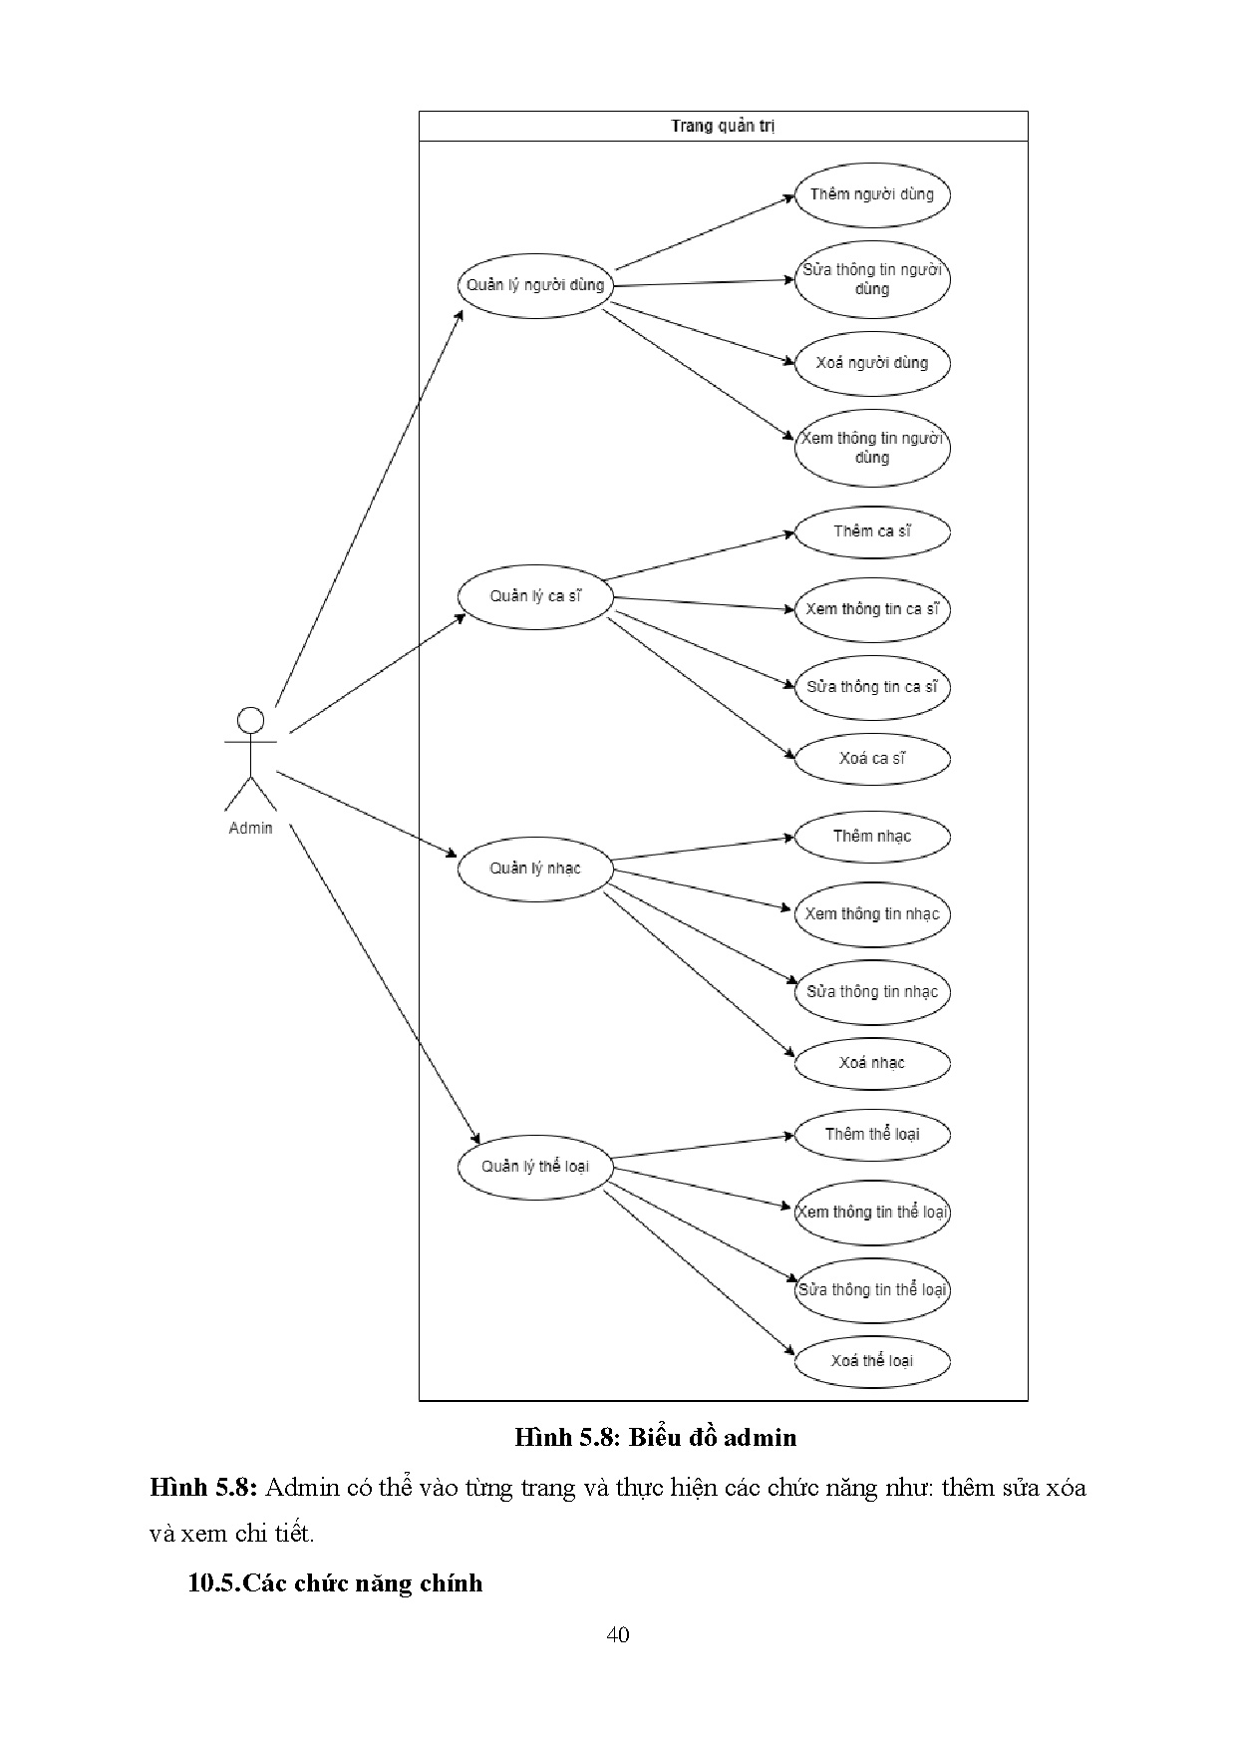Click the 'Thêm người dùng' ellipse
pos(871,194)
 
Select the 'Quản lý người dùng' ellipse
pos(535,285)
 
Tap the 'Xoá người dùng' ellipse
pos(871,363)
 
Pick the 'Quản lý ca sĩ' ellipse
pos(535,596)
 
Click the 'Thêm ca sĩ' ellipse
pos(871,531)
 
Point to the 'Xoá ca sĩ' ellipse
pos(871,759)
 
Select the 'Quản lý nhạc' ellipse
pos(535,869)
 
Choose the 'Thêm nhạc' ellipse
pos(871,837)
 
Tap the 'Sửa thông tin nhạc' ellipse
pos(871,992)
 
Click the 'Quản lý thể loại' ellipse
pos(535,1167)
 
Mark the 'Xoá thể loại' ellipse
pos(871,1361)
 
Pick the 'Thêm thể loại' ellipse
pos(871,1135)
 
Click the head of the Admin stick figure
pos(250,720)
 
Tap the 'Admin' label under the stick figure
pos(250,828)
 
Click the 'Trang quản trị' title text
pos(723,126)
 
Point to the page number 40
pos(618,1634)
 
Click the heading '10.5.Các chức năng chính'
pos(335,1582)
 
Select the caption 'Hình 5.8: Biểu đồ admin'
pos(655,1437)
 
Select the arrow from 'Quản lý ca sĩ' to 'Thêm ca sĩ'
pos(698,555)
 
